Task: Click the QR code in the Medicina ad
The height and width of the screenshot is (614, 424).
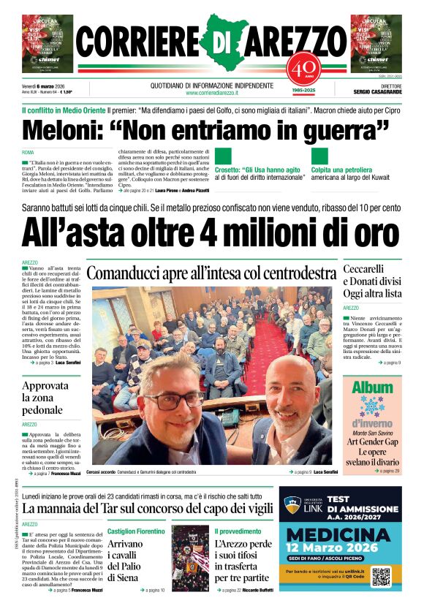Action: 382,576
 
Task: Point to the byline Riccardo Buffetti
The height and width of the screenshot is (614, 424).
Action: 255,590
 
